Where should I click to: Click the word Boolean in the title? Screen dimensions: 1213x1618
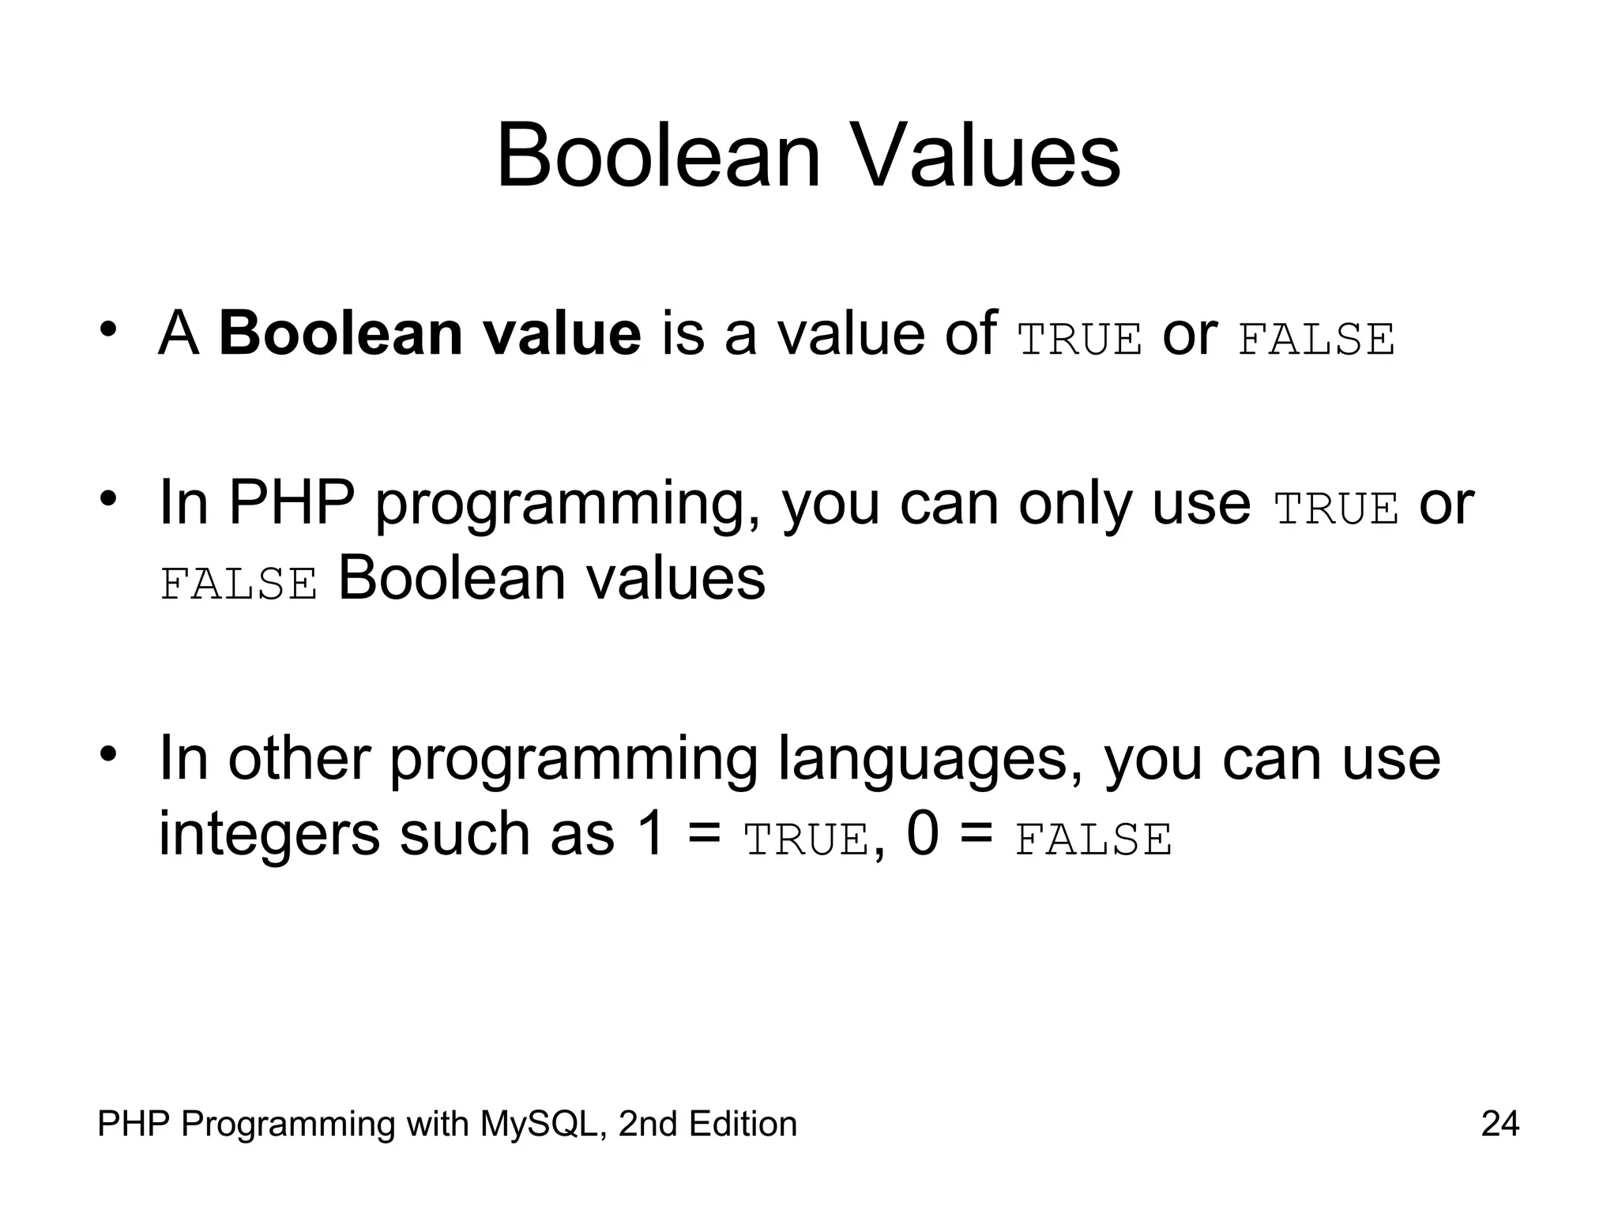659,156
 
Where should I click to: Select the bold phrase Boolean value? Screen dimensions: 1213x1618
430,334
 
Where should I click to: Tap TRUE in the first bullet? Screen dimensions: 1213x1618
1080,340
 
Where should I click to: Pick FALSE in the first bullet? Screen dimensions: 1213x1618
1316,340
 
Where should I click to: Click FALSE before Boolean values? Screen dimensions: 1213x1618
239,584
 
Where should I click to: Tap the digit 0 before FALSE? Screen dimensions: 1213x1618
923,834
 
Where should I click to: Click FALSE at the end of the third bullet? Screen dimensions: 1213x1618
1093,839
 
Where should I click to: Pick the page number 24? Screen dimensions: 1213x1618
1499,1124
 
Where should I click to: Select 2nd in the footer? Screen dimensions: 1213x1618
644,1124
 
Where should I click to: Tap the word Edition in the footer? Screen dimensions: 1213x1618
743,1124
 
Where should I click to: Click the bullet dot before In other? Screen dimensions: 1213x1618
109,752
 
